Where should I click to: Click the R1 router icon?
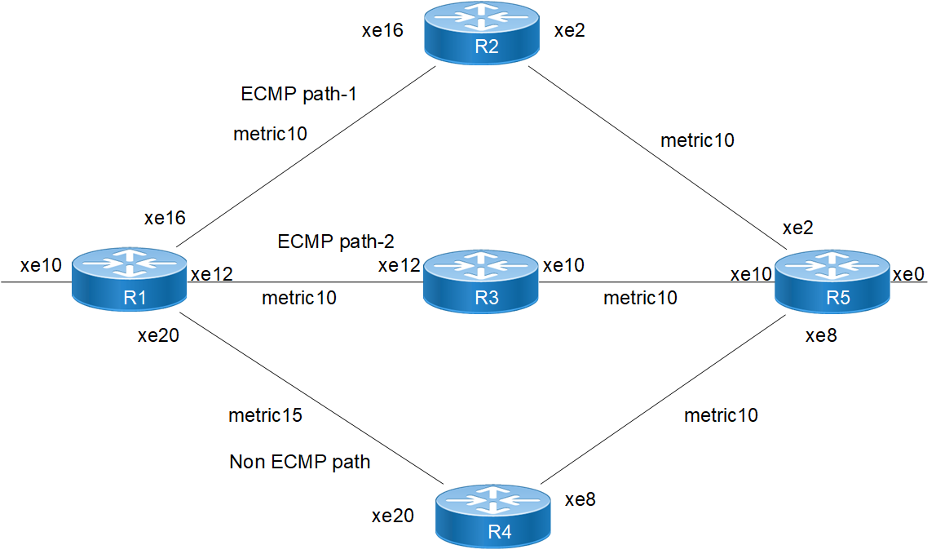click(x=130, y=280)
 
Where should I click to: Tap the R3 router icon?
click(x=481, y=281)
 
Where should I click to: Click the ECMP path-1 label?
click(x=300, y=94)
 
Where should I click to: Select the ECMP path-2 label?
click(x=336, y=242)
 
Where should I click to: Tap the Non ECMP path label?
click(x=300, y=463)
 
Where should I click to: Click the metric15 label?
click(x=266, y=415)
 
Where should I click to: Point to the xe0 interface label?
click(x=908, y=274)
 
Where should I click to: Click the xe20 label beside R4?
click(x=392, y=516)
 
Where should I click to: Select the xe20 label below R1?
click(x=160, y=337)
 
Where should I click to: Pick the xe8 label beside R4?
click(x=581, y=499)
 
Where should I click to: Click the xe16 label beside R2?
click(x=382, y=32)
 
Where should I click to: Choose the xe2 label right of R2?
click(x=570, y=32)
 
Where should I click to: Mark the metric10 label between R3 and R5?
click(x=640, y=298)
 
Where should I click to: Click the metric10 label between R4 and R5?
click(x=721, y=415)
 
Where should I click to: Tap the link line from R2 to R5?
click(x=652, y=154)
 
